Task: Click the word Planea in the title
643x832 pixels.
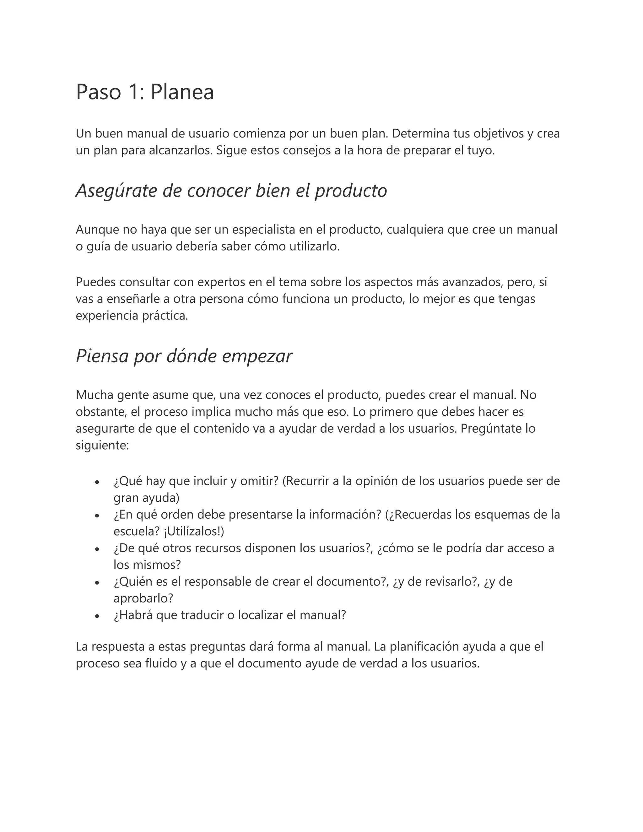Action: pos(182,92)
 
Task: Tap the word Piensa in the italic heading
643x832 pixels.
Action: pos(102,356)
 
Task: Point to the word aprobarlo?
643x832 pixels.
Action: pos(143,598)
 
